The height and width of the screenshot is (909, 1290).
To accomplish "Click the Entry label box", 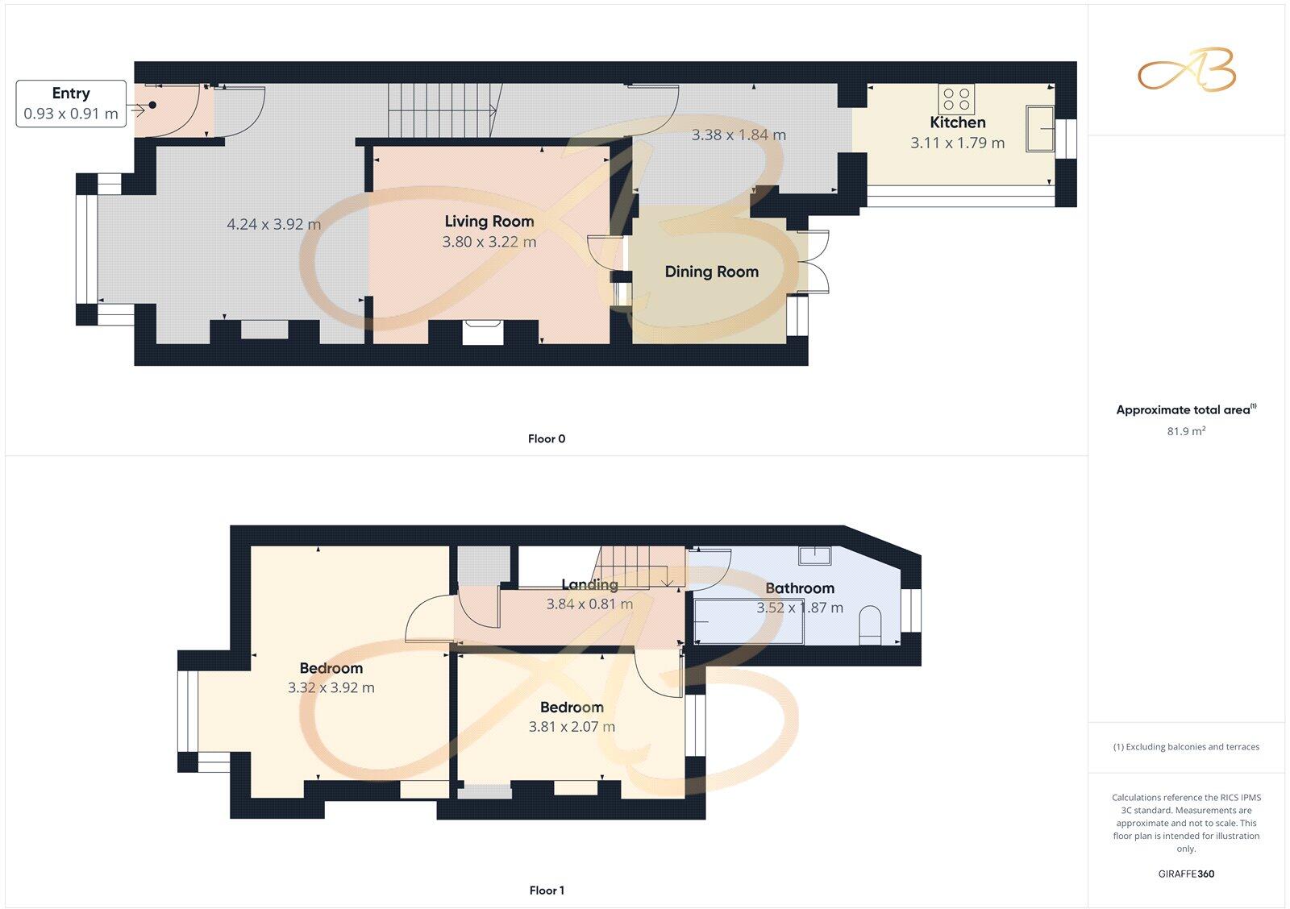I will coord(71,103).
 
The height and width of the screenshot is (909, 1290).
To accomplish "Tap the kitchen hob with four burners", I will coord(956,99).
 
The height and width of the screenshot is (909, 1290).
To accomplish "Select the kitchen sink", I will coord(1039,128).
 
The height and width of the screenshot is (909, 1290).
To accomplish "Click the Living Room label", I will coord(489,222).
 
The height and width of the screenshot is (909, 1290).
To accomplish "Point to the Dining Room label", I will coord(711,272).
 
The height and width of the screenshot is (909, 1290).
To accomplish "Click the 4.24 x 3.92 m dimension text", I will coord(273,225).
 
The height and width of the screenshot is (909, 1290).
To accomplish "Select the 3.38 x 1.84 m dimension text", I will coord(738,135).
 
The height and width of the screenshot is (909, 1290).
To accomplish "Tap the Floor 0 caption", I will coord(546,439).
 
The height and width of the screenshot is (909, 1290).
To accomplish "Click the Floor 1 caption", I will coord(546,890).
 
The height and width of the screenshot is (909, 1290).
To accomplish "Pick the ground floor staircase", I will coord(441,110).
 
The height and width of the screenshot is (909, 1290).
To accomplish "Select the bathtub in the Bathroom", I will coord(748,621).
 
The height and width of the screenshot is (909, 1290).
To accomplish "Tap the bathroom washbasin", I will coord(814,555).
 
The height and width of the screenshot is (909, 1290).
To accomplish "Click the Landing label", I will coord(589,585).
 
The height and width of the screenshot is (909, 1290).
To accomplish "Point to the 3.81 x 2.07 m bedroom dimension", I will coord(572,727).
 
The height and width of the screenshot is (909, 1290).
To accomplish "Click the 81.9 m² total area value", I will coord(1186,432).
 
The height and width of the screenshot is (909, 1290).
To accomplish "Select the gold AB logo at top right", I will coord(1186,69).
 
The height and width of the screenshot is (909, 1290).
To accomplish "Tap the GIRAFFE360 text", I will coord(1186,874).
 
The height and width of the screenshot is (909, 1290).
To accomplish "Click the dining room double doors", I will coord(816,262).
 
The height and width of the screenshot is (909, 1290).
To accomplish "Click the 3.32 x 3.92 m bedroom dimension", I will coord(331,688).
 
